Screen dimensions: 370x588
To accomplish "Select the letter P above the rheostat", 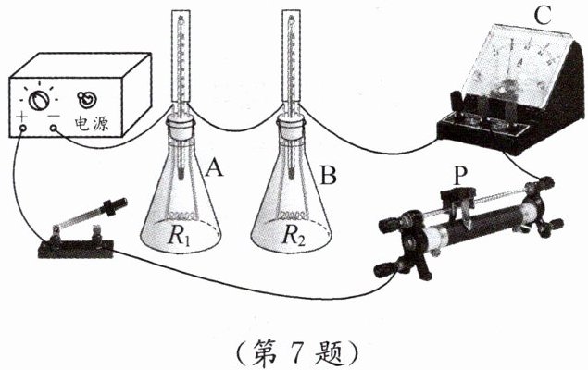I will (x=460, y=173).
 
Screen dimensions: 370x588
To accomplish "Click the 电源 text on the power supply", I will (x=95, y=120).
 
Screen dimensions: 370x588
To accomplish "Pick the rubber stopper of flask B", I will (x=294, y=126).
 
